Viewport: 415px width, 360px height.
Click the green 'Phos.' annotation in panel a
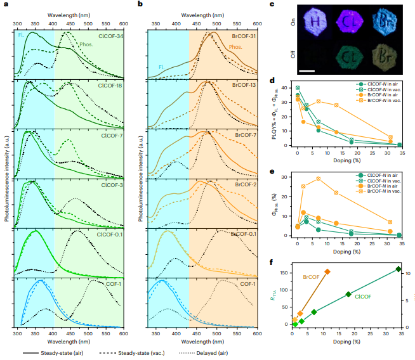86,44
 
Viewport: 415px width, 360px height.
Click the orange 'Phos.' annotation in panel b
237,46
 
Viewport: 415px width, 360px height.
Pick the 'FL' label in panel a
21,35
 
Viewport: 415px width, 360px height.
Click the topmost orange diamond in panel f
327,272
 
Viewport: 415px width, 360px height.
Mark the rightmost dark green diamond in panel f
398,269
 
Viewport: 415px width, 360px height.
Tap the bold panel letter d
272,80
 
